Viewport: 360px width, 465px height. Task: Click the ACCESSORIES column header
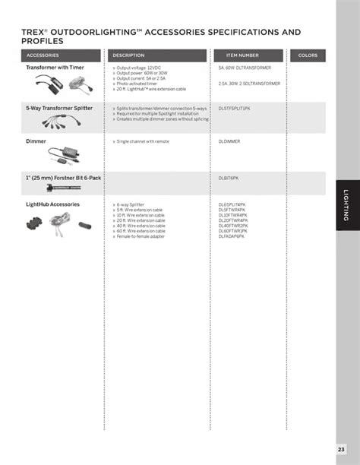tap(43, 55)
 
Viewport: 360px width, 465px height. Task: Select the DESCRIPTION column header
tap(128, 55)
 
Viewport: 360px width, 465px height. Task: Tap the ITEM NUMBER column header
tap(242, 55)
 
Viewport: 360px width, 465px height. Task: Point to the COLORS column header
tap(308, 55)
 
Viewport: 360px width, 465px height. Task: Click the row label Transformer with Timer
tap(55, 68)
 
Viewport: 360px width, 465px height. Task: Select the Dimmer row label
tap(36, 141)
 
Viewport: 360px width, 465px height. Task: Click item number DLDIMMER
tap(229, 141)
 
